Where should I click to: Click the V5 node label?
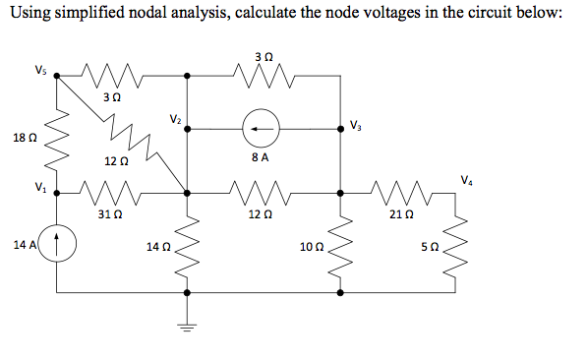pos(39,70)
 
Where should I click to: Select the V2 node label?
pos(174,120)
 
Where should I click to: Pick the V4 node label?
pos(465,178)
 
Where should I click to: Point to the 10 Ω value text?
pos(310,245)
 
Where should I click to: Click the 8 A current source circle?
pos(262,126)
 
